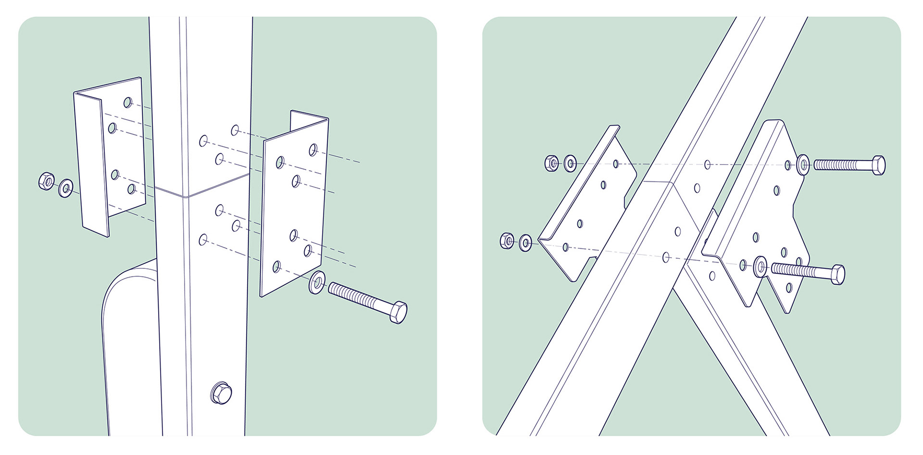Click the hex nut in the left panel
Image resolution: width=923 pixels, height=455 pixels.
[x=46, y=181]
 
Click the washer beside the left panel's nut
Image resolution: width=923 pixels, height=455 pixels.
[x=65, y=188]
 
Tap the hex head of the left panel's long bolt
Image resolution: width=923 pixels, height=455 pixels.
[x=398, y=313]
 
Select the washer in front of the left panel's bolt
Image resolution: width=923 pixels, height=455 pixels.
[x=316, y=283]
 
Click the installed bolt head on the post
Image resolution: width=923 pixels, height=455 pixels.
[x=221, y=393]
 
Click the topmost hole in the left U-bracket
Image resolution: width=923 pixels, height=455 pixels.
[x=127, y=102]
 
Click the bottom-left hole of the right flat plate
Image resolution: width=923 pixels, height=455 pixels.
[x=276, y=266]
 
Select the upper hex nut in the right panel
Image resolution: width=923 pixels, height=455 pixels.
[x=551, y=163]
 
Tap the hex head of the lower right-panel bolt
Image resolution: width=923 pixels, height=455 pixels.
[x=837, y=275]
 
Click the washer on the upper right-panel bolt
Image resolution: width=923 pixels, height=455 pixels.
[x=803, y=165]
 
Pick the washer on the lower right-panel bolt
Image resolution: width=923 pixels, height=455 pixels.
[x=760, y=266]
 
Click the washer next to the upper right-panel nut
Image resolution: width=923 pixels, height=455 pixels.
[x=570, y=164]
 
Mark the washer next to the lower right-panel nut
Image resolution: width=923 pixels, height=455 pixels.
[x=525, y=242]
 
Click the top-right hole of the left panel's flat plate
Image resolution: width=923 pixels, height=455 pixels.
[x=313, y=150]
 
